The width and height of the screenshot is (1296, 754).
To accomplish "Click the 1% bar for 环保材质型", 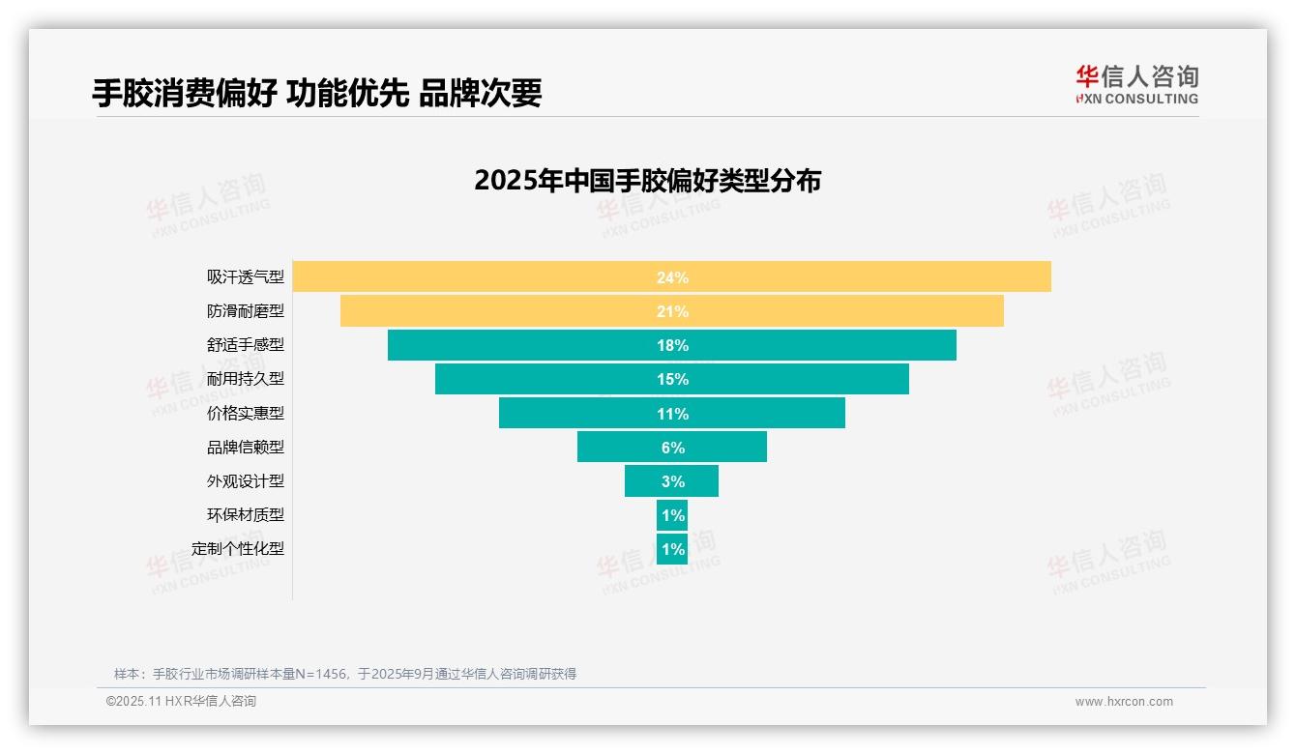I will tap(671, 514).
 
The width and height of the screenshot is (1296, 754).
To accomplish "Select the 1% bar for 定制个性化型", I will tap(671, 548).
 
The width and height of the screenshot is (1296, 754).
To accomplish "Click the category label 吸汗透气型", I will tap(246, 277).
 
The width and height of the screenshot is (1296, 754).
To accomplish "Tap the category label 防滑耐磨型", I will tap(246, 311).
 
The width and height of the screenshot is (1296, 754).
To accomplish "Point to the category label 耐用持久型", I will tap(246, 379).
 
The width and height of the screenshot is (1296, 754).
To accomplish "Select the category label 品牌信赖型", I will tap(246, 447).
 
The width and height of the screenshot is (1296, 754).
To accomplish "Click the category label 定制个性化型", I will tap(238, 548).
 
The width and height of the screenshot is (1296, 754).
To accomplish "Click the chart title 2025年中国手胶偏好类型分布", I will tap(647, 181).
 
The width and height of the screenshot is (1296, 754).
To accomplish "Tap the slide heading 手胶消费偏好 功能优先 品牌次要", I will tap(316, 93).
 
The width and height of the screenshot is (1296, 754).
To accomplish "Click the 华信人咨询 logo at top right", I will tap(1136, 84).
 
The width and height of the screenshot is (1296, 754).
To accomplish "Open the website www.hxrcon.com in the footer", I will tap(1124, 702).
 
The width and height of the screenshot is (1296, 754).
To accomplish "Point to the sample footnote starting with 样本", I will tap(344, 674).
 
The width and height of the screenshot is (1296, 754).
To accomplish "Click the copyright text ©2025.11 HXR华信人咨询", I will tap(181, 702).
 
